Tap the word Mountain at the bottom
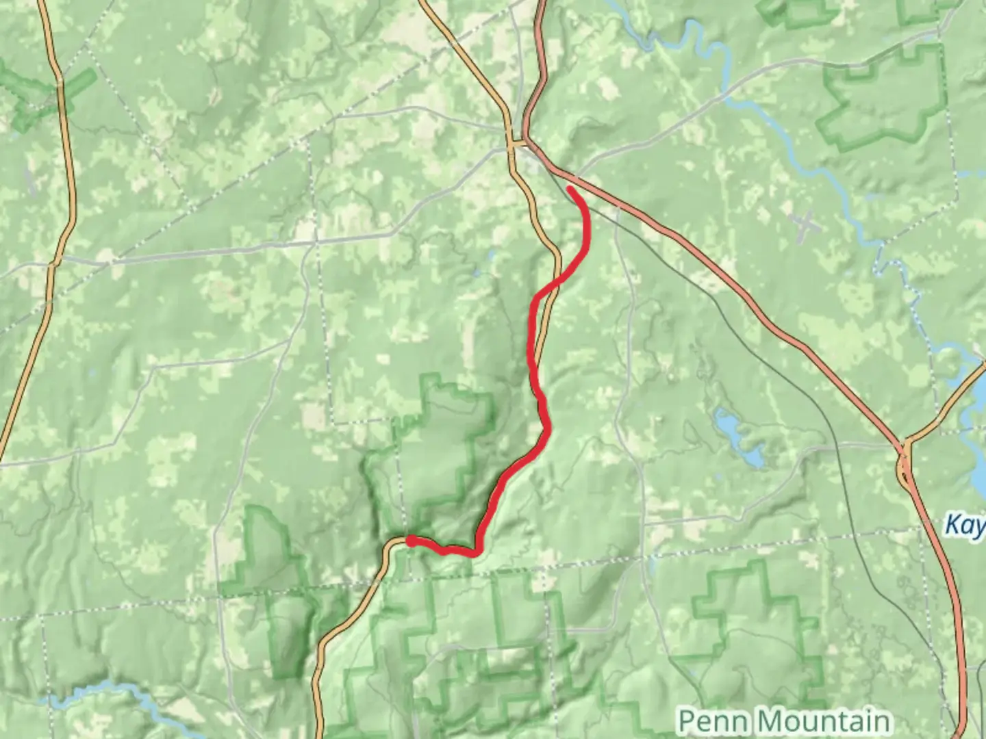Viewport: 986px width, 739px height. click(825, 721)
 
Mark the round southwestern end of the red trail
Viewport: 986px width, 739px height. click(410, 541)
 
